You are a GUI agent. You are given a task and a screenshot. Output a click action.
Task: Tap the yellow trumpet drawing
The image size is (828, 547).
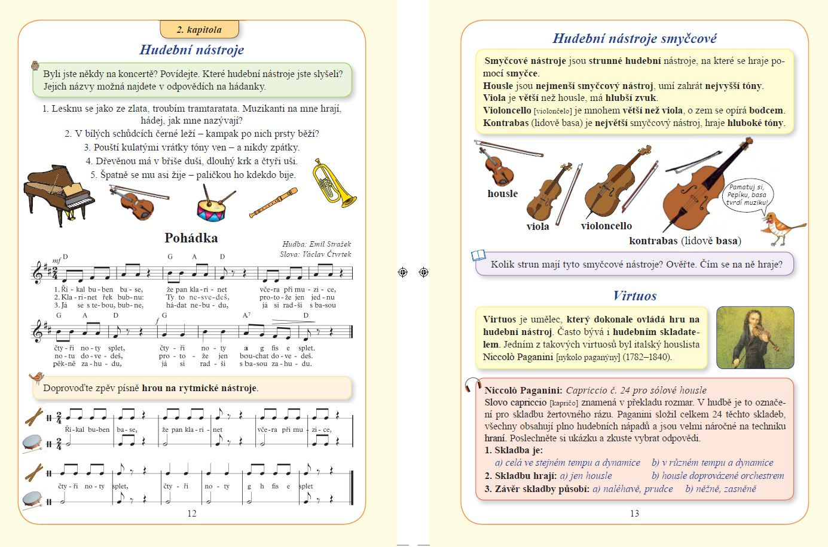333,182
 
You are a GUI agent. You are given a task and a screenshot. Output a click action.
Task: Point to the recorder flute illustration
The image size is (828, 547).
273,203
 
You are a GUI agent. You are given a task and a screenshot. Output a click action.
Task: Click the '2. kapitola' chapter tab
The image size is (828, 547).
199,29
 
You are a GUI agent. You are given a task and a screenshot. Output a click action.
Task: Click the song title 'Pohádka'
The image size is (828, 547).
191,238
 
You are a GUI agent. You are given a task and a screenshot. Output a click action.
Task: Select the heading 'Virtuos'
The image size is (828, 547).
634,296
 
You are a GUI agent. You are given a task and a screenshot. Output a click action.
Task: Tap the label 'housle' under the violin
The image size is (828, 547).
502,193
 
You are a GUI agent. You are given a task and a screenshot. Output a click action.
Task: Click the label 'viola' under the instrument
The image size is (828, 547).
537,226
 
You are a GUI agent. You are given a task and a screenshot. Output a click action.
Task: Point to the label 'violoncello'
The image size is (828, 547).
606,226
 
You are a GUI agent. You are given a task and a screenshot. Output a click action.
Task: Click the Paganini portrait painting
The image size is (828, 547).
754,337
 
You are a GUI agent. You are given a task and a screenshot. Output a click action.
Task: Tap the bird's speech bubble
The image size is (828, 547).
746,195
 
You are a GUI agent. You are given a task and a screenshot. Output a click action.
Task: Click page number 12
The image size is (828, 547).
192,514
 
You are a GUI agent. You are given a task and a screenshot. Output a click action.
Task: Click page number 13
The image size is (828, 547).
634,514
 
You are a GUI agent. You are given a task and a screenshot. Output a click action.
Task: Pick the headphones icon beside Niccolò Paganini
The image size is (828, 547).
473,386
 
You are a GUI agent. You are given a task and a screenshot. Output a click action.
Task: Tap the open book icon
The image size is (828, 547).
478,256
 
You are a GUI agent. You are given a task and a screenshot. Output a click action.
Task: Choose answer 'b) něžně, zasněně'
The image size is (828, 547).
720,489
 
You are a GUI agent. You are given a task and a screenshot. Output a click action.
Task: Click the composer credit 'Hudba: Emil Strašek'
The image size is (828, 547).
316,244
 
